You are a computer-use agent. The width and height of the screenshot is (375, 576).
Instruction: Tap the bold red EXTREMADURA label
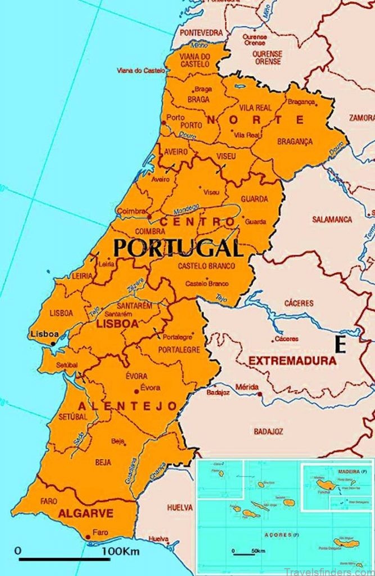coord(292,361)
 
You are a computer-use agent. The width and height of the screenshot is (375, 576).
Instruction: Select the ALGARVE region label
coord(85,513)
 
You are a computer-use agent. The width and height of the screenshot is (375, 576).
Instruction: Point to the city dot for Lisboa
coord(53,343)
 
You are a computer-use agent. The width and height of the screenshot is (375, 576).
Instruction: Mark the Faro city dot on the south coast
coord(88,538)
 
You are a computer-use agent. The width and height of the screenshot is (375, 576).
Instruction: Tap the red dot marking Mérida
coord(259,394)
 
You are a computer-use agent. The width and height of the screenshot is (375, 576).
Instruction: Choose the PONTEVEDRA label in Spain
coord(201,33)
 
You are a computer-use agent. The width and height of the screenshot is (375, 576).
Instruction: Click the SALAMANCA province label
coord(332,219)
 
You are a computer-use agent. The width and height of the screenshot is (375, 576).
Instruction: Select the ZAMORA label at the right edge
coord(362,118)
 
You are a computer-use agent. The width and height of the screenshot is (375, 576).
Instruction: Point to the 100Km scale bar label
coord(120,551)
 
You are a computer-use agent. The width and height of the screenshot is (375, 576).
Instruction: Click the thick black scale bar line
coord(64,559)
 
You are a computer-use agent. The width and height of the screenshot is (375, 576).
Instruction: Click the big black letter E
coord(340,345)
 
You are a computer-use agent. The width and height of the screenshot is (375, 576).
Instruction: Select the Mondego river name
coord(186,209)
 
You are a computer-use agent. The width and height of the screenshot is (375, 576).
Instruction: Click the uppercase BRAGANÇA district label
coord(295,142)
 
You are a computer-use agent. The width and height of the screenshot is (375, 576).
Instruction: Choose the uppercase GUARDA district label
coord(254,199)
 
